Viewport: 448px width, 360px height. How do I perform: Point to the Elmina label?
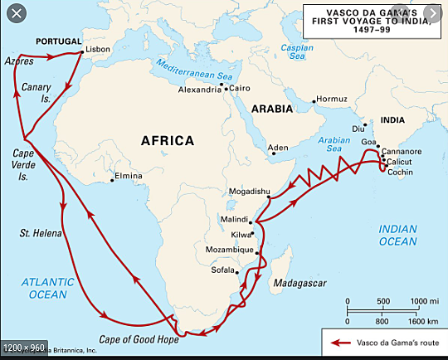127,177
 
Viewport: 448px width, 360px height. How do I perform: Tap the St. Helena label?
41,233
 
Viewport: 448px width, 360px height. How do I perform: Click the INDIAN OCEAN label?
398,235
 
